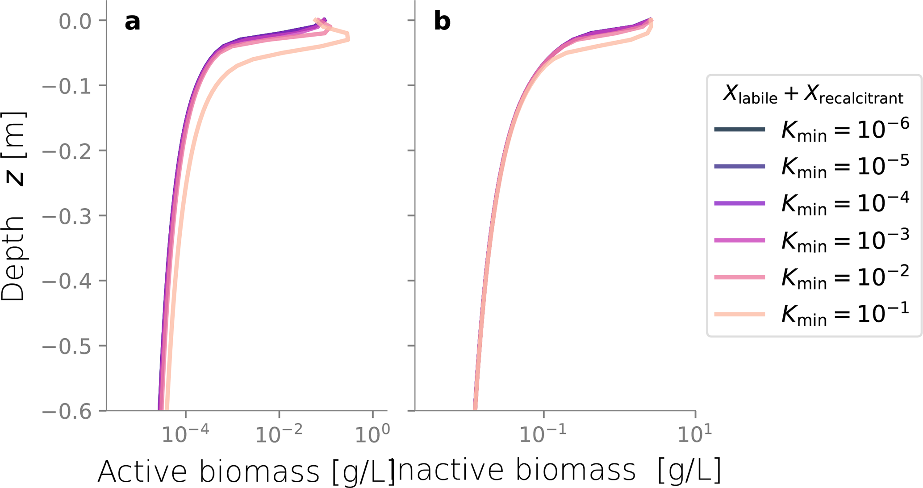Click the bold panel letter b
click(442, 21)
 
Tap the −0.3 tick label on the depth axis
click(66, 216)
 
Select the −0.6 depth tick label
click(66, 411)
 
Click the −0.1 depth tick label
click(66, 86)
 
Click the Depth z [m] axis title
click(13, 206)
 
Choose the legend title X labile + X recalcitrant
click(813, 95)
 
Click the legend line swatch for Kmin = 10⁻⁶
click(739, 130)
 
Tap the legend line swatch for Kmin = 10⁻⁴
click(739, 203)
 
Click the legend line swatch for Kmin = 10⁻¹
click(739, 315)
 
